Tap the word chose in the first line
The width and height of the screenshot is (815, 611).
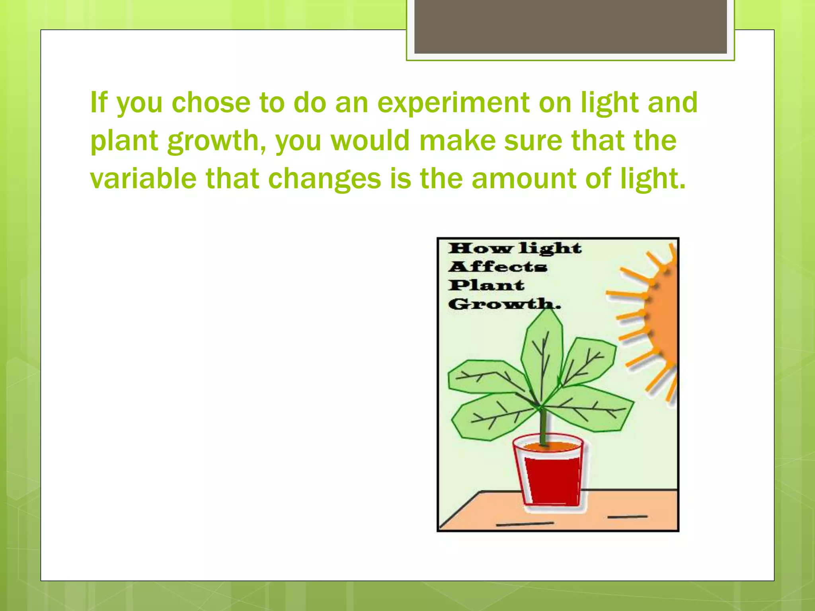click(x=211, y=102)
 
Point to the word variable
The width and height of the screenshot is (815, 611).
click(x=143, y=179)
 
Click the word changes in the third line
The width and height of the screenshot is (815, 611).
click(x=324, y=179)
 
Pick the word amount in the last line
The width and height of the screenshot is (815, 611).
click(x=524, y=179)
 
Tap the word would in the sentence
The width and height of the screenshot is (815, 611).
click(x=370, y=141)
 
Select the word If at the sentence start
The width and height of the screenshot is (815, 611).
click(x=99, y=102)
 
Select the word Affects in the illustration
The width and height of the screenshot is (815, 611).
click(x=497, y=267)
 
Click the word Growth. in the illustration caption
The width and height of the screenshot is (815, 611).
click(x=504, y=304)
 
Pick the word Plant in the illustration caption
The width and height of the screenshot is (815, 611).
click(x=486, y=285)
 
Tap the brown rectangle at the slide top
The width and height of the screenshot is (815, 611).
click(x=570, y=26)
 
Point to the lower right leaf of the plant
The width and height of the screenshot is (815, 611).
click(x=593, y=410)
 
